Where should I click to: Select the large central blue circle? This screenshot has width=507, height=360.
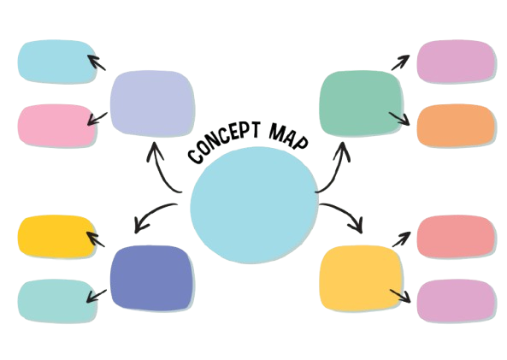click(x=254, y=205)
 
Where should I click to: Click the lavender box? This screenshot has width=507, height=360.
click(x=152, y=103)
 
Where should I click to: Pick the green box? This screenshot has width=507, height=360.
click(x=361, y=103)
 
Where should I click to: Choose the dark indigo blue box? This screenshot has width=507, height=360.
click(x=151, y=278)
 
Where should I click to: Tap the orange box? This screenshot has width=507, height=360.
click(x=456, y=125)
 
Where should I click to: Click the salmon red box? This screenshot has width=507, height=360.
click(x=456, y=237)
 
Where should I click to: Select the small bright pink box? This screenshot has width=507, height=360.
click(x=57, y=125)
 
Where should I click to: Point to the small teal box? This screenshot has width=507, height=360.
click(x=57, y=301)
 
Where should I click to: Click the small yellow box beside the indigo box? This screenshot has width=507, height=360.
click(x=57, y=237)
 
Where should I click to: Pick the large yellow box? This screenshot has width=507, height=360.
click(x=361, y=278)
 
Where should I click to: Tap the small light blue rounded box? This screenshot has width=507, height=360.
click(x=57, y=62)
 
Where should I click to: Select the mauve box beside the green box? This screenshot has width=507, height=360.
click(x=456, y=61)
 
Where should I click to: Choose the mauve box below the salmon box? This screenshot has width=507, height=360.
click(x=456, y=301)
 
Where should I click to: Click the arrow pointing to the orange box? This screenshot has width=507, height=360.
click(x=399, y=118)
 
